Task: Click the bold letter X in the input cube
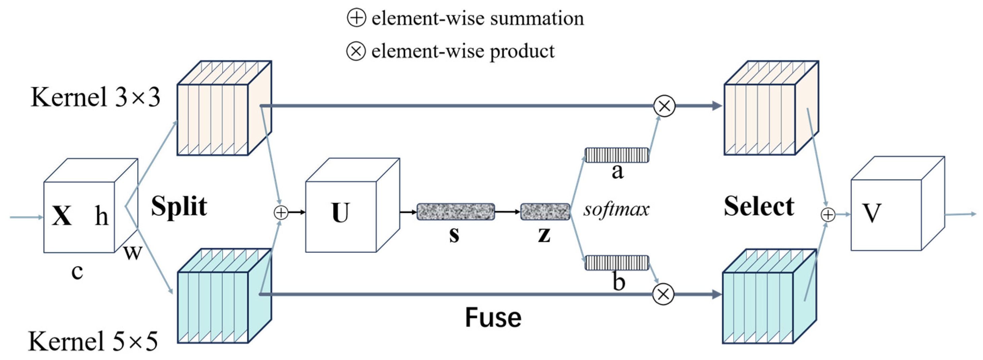point(62,216)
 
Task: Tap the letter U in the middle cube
point(341,212)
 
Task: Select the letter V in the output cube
point(872,213)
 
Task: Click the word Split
point(179,206)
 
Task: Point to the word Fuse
point(493,318)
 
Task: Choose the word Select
point(759,206)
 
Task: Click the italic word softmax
point(616,209)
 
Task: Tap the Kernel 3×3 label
point(95,97)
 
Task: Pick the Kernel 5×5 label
point(93,341)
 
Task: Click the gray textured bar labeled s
point(456,212)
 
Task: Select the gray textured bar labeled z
point(545,212)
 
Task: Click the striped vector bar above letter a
point(617,155)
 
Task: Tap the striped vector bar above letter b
point(617,263)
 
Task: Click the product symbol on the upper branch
point(664,106)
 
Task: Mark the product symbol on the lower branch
point(663,294)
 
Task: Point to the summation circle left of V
point(828,215)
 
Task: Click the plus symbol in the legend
point(356,17)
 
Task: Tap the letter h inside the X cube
point(102,216)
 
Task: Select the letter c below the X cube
point(77,272)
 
